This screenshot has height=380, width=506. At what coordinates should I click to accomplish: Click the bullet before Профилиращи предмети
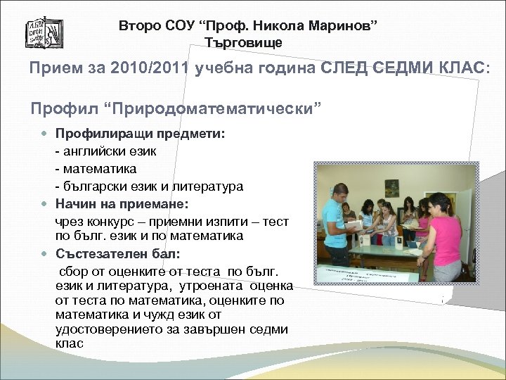tap(45, 134)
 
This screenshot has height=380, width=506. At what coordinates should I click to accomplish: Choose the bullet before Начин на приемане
tap(45, 204)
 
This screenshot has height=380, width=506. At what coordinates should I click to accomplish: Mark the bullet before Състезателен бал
tap(45, 255)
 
